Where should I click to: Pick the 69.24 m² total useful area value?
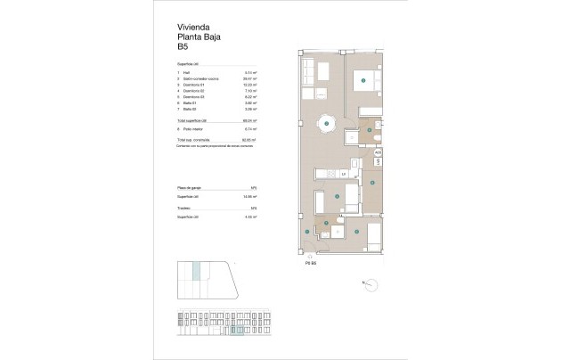[x=251, y=120]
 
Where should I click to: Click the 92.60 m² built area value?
[x=251, y=140]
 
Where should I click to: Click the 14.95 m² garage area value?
[x=251, y=196]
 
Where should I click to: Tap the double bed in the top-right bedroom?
[x=365, y=81]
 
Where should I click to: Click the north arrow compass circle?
[x=370, y=284]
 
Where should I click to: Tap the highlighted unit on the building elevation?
[x=238, y=331]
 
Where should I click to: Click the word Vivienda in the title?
[x=192, y=28]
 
